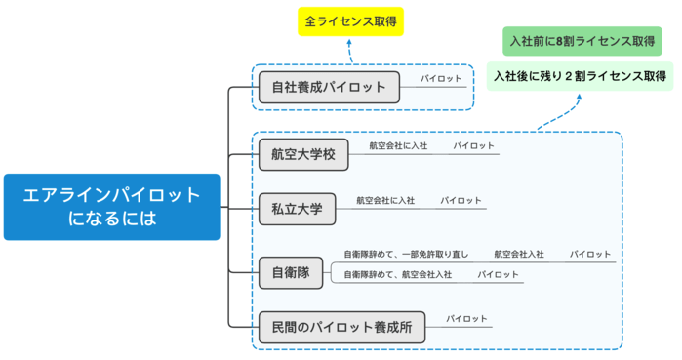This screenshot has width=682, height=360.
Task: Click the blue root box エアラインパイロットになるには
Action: point(111,207)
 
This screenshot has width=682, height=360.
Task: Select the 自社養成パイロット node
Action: point(328,87)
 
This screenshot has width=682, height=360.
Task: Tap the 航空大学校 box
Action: point(302,154)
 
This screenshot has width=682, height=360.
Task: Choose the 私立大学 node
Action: point(297,208)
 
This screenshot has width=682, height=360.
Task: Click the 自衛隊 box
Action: point(291,273)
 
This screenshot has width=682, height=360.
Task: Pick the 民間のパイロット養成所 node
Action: point(341,327)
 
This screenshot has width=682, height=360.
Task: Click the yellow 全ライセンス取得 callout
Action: point(349,20)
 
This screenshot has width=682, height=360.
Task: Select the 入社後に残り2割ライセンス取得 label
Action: point(580,76)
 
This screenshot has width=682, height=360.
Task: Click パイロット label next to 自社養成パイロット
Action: point(441,78)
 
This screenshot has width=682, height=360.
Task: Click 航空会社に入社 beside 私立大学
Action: point(385,200)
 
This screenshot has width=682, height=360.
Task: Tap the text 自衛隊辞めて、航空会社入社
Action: point(397,275)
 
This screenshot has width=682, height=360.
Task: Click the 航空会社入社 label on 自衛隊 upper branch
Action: point(518,254)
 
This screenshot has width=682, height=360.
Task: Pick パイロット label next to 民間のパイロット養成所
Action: point(466,319)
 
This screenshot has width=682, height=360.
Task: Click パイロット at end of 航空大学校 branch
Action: point(473,146)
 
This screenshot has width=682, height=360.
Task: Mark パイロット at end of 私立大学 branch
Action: point(461,200)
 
